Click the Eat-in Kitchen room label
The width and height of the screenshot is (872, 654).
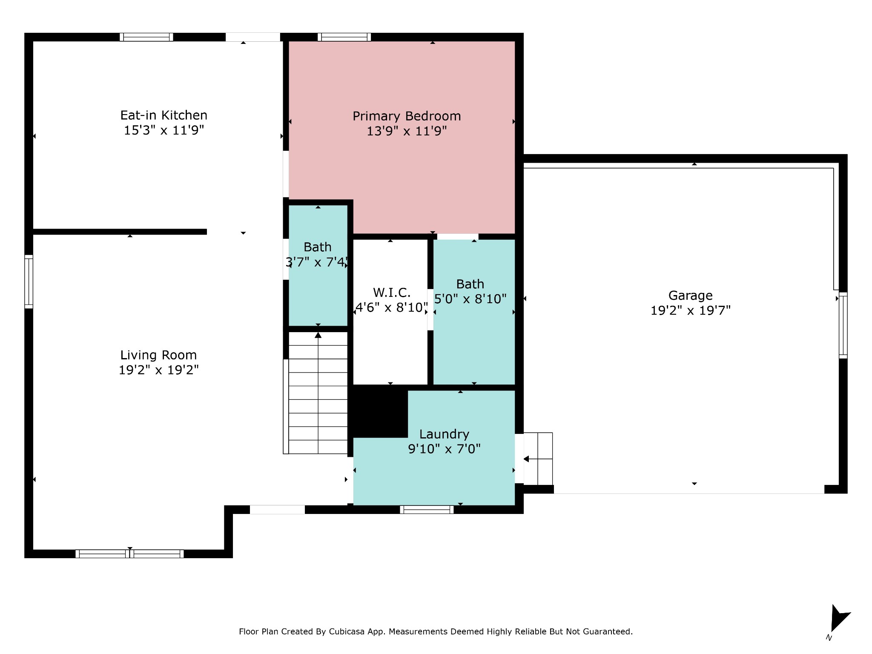164,115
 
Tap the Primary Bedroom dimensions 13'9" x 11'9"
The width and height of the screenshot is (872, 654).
407,131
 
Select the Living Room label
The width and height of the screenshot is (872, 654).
158,355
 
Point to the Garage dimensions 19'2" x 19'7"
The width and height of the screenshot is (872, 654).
690,310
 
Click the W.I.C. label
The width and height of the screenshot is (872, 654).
392,293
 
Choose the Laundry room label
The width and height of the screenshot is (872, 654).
444,434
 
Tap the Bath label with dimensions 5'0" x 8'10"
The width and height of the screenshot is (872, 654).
470,284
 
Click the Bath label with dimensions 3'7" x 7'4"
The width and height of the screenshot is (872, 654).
318,247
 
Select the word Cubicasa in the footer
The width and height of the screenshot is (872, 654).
347,631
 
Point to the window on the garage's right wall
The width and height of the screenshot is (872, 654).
843,325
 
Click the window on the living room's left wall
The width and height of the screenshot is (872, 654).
29,281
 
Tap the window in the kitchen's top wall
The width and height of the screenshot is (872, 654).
146,37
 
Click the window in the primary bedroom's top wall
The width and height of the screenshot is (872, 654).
344,37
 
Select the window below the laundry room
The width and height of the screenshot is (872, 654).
427,510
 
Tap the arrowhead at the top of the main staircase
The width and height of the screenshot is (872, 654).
318,335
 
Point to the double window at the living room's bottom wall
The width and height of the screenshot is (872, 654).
129,554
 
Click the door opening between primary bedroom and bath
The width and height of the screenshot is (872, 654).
458,237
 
